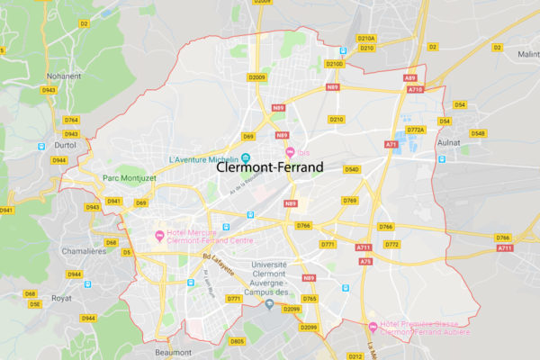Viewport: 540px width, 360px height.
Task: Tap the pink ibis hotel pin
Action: pos(290,152)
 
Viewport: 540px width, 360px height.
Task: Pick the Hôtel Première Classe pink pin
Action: pos(373,326)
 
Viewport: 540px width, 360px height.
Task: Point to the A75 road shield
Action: pos(365,261)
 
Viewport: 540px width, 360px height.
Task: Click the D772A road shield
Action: pos(415,130)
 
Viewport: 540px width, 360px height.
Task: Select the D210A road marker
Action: pos(366,39)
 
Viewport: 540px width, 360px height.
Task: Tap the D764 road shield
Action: pos(71,120)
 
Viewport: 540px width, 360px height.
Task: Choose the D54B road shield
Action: pos(477,133)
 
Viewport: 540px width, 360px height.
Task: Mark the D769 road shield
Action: pos(350,200)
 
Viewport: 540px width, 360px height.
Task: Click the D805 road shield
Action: pos(237,342)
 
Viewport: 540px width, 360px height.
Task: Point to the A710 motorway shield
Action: pos(415,90)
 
